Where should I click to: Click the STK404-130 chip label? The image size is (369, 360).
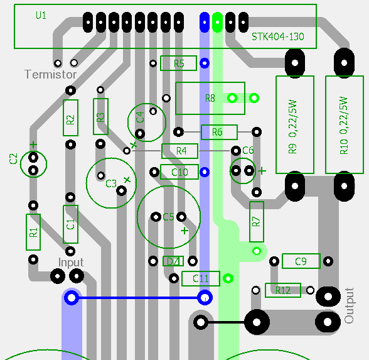coord(277,36)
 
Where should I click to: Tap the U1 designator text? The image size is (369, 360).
coord(41,16)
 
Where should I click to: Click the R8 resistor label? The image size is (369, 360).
coord(210,98)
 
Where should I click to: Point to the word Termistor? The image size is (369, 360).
coord(51,74)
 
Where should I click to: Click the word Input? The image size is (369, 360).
coord(71,263)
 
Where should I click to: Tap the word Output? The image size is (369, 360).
coord(349,305)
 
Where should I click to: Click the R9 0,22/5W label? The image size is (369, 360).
coord(292,127)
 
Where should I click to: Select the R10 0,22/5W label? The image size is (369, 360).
coord(344,126)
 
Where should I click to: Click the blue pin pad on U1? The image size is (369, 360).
coord(205,23)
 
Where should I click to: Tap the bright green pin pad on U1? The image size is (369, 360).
coord(217,23)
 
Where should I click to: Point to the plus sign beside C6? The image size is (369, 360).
coord(262,171)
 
